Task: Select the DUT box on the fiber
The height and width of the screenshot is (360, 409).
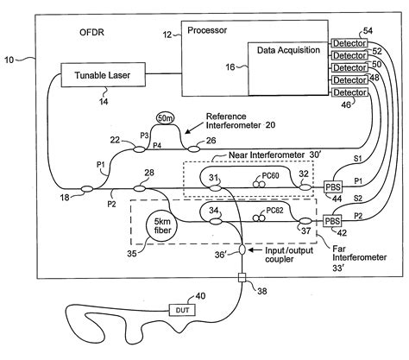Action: (x=183, y=311)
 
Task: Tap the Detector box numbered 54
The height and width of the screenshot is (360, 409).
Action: (x=349, y=41)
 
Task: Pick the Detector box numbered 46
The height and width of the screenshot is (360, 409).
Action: (x=349, y=91)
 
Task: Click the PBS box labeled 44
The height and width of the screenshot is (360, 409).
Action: (x=331, y=186)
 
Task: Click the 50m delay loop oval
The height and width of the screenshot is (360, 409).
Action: (x=166, y=117)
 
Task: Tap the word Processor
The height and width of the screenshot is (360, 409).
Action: (x=210, y=32)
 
